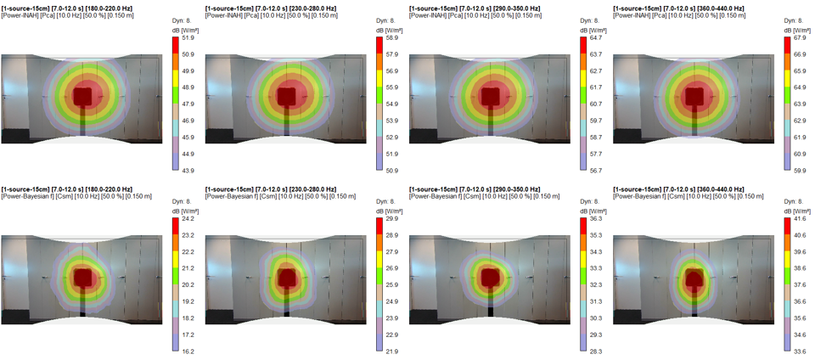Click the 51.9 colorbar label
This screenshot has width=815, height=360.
point(188,38)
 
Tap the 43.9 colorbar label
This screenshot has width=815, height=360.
point(188,171)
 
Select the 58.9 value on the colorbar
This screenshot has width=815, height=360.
point(392,38)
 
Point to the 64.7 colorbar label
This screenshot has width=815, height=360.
point(596,38)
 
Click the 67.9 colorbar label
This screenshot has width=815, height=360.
point(800,38)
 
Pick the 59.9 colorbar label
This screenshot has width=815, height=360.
point(800,171)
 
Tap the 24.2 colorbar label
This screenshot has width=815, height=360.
point(188,219)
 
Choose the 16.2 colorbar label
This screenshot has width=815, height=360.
point(188,352)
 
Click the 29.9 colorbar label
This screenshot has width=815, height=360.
point(392,219)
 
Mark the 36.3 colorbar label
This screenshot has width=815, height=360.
point(596,219)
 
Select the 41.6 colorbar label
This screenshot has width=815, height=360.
point(800,219)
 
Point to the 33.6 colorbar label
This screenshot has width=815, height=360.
point(800,352)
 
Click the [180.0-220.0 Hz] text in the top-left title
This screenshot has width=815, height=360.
point(107,8)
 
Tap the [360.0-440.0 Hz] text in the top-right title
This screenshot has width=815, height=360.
point(718,8)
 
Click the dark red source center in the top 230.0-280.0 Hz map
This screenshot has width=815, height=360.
point(287,96)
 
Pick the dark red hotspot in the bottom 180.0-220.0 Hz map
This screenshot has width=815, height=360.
point(83,277)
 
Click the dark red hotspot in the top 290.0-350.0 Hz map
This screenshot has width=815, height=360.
point(491,96)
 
